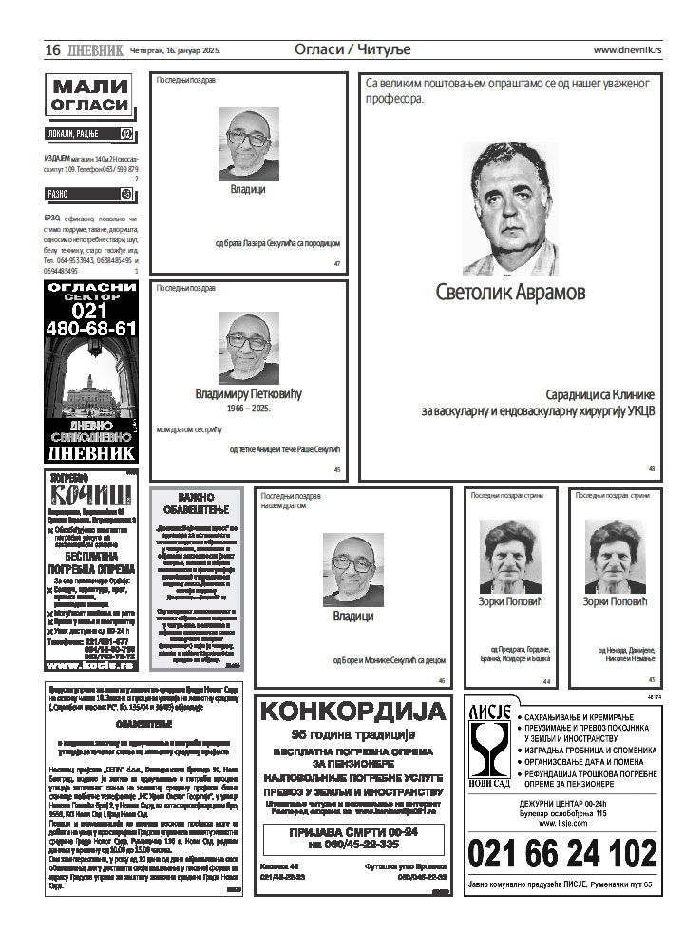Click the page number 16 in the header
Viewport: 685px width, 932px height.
[x=52, y=49]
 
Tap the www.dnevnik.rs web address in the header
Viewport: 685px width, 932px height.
[x=628, y=50]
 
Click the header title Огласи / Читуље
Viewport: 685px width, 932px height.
[x=344, y=49]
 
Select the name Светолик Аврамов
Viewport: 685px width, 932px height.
[x=510, y=292]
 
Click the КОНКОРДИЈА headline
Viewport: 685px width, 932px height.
[x=352, y=712]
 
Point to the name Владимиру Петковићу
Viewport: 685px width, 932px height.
[x=247, y=392]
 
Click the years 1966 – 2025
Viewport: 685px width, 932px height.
[x=248, y=408]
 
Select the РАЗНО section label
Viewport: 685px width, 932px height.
[x=60, y=194]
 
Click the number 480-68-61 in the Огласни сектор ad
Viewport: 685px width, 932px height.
[x=91, y=329]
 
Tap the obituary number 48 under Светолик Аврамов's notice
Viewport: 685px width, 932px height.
[x=652, y=469]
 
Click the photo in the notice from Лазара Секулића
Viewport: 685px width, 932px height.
[x=248, y=143]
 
